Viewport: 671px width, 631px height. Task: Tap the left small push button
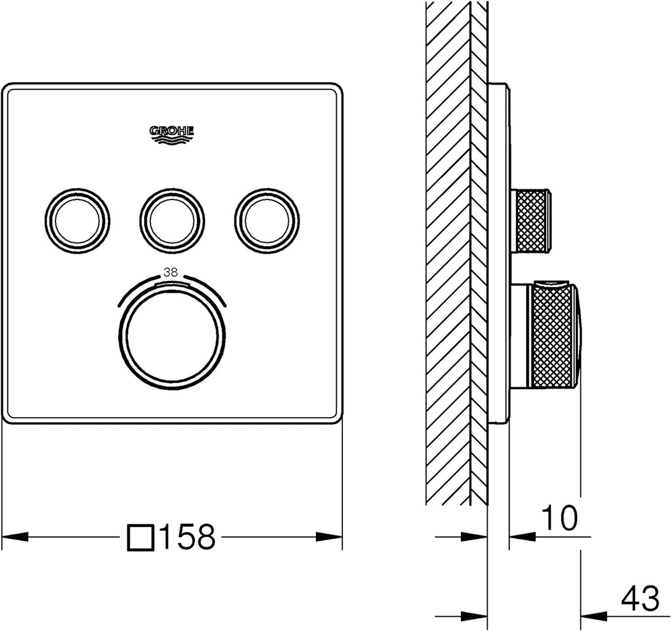click(78, 218)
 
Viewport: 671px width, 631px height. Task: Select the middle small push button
click(172, 218)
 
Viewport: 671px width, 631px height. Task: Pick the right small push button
click(267, 218)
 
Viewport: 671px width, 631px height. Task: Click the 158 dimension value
click(188, 537)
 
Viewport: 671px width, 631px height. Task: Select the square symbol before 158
click(140, 537)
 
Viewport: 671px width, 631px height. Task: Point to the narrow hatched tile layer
click(479, 249)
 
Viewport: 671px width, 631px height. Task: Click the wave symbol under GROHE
click(172, 140)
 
